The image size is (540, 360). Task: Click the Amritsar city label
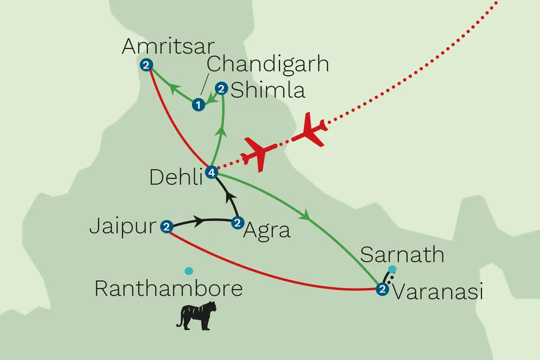(x=161, y=47)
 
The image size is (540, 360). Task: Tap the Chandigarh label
(x=267, y=64)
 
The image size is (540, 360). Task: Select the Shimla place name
(x=269, y=90)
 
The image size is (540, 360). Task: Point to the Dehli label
(x=175, y=177)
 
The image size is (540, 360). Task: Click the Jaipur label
(x=122, y=227)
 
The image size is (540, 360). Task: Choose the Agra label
(x=267, y=229)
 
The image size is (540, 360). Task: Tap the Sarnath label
(x=402, y=254)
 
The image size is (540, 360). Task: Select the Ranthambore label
(x=168, y=289)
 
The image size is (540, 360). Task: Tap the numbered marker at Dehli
(x=211, y=173)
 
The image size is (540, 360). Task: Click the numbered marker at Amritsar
(x=146, y=65)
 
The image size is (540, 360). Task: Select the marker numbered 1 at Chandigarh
(x=197, y=104)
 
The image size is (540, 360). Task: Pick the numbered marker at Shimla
(x=222, y=88)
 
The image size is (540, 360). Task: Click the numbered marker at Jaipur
(x=166, y=227)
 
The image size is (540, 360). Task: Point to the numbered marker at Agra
(x=237, y=223)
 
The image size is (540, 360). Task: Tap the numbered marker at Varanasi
(x=382, y=290)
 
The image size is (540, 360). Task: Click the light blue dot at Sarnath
(x=392, y=268)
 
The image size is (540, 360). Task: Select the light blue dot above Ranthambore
(x=189, y=271)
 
